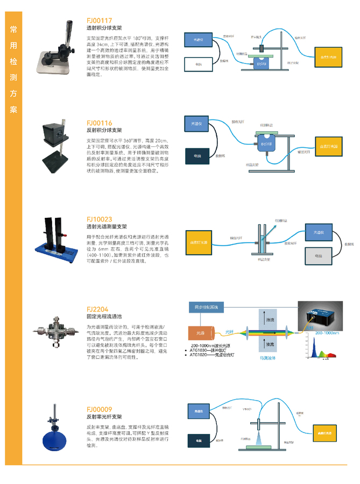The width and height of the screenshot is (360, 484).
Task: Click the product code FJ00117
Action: click(100, 20)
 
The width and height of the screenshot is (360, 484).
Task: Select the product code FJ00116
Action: click(100, 123)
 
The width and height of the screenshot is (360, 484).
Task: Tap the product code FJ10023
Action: click(100, 219)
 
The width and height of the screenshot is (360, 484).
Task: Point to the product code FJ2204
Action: click(97, 310)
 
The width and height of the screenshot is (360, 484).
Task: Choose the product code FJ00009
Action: click(100, 409)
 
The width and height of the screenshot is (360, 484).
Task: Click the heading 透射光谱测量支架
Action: click(107, 227)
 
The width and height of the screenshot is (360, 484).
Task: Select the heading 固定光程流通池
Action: click(104, 317)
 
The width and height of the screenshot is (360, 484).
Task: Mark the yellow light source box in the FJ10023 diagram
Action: click(200, 242)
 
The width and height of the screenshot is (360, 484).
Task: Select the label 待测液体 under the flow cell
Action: click(267, 358)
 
